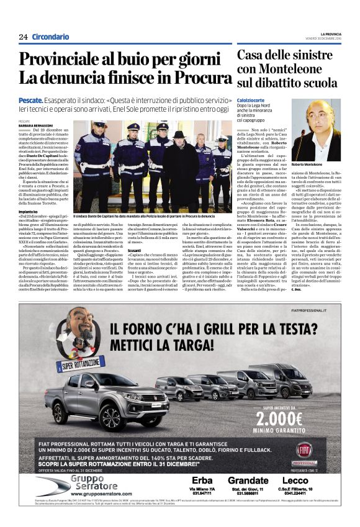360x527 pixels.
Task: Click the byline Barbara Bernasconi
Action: coord(36,125)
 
